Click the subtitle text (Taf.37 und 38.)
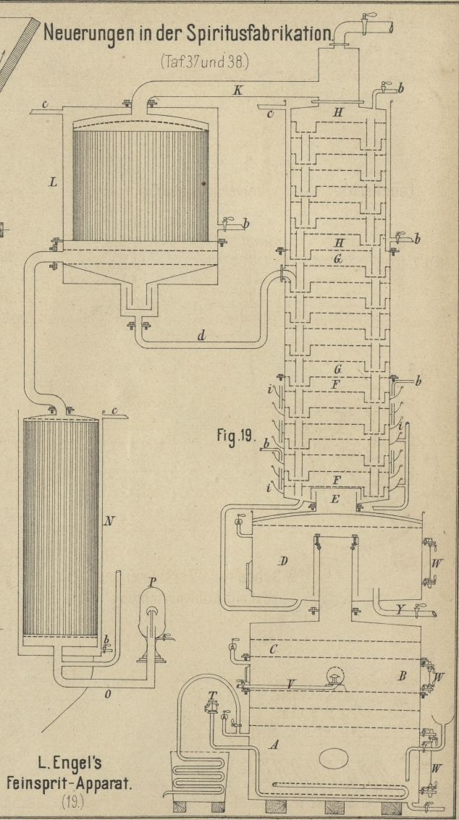[204, 62]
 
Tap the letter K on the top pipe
[238, 90]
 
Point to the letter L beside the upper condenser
[52, 183]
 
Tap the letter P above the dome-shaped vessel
[151, 581]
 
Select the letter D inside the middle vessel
[284, 561]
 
